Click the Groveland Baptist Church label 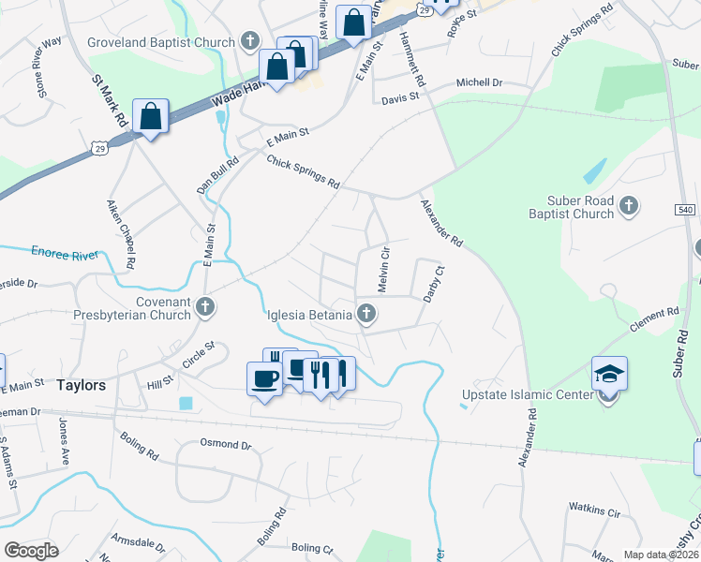pyautogui.click(x=160, y=41)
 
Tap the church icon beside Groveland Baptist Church pyautogui.click(x=249, y=41)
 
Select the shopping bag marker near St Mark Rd pyautogui.click(x=150, y=117)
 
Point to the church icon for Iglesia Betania pyautogui.click(x=368, y=315)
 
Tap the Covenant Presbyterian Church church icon pyautogui.click(x=206, y=306)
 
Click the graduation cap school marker pyautogui.click(x=609, y=374)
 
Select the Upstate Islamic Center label pyautogui.click(x=528, y=394)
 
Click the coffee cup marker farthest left pyautogui.click(x=263, y=378)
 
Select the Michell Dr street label pyautogui.click(x=479, y=82)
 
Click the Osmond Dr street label pyautogui.click(x=228, y=445)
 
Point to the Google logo pyautogui.click(x=31, y=551)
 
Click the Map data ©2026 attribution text pyautogui.click(x=661, y=555)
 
